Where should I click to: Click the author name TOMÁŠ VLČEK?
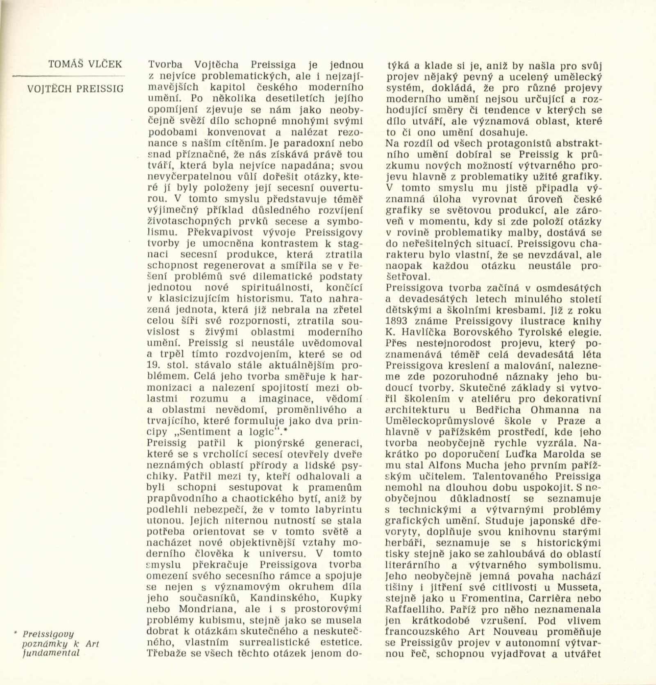click(x=85, y=64)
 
